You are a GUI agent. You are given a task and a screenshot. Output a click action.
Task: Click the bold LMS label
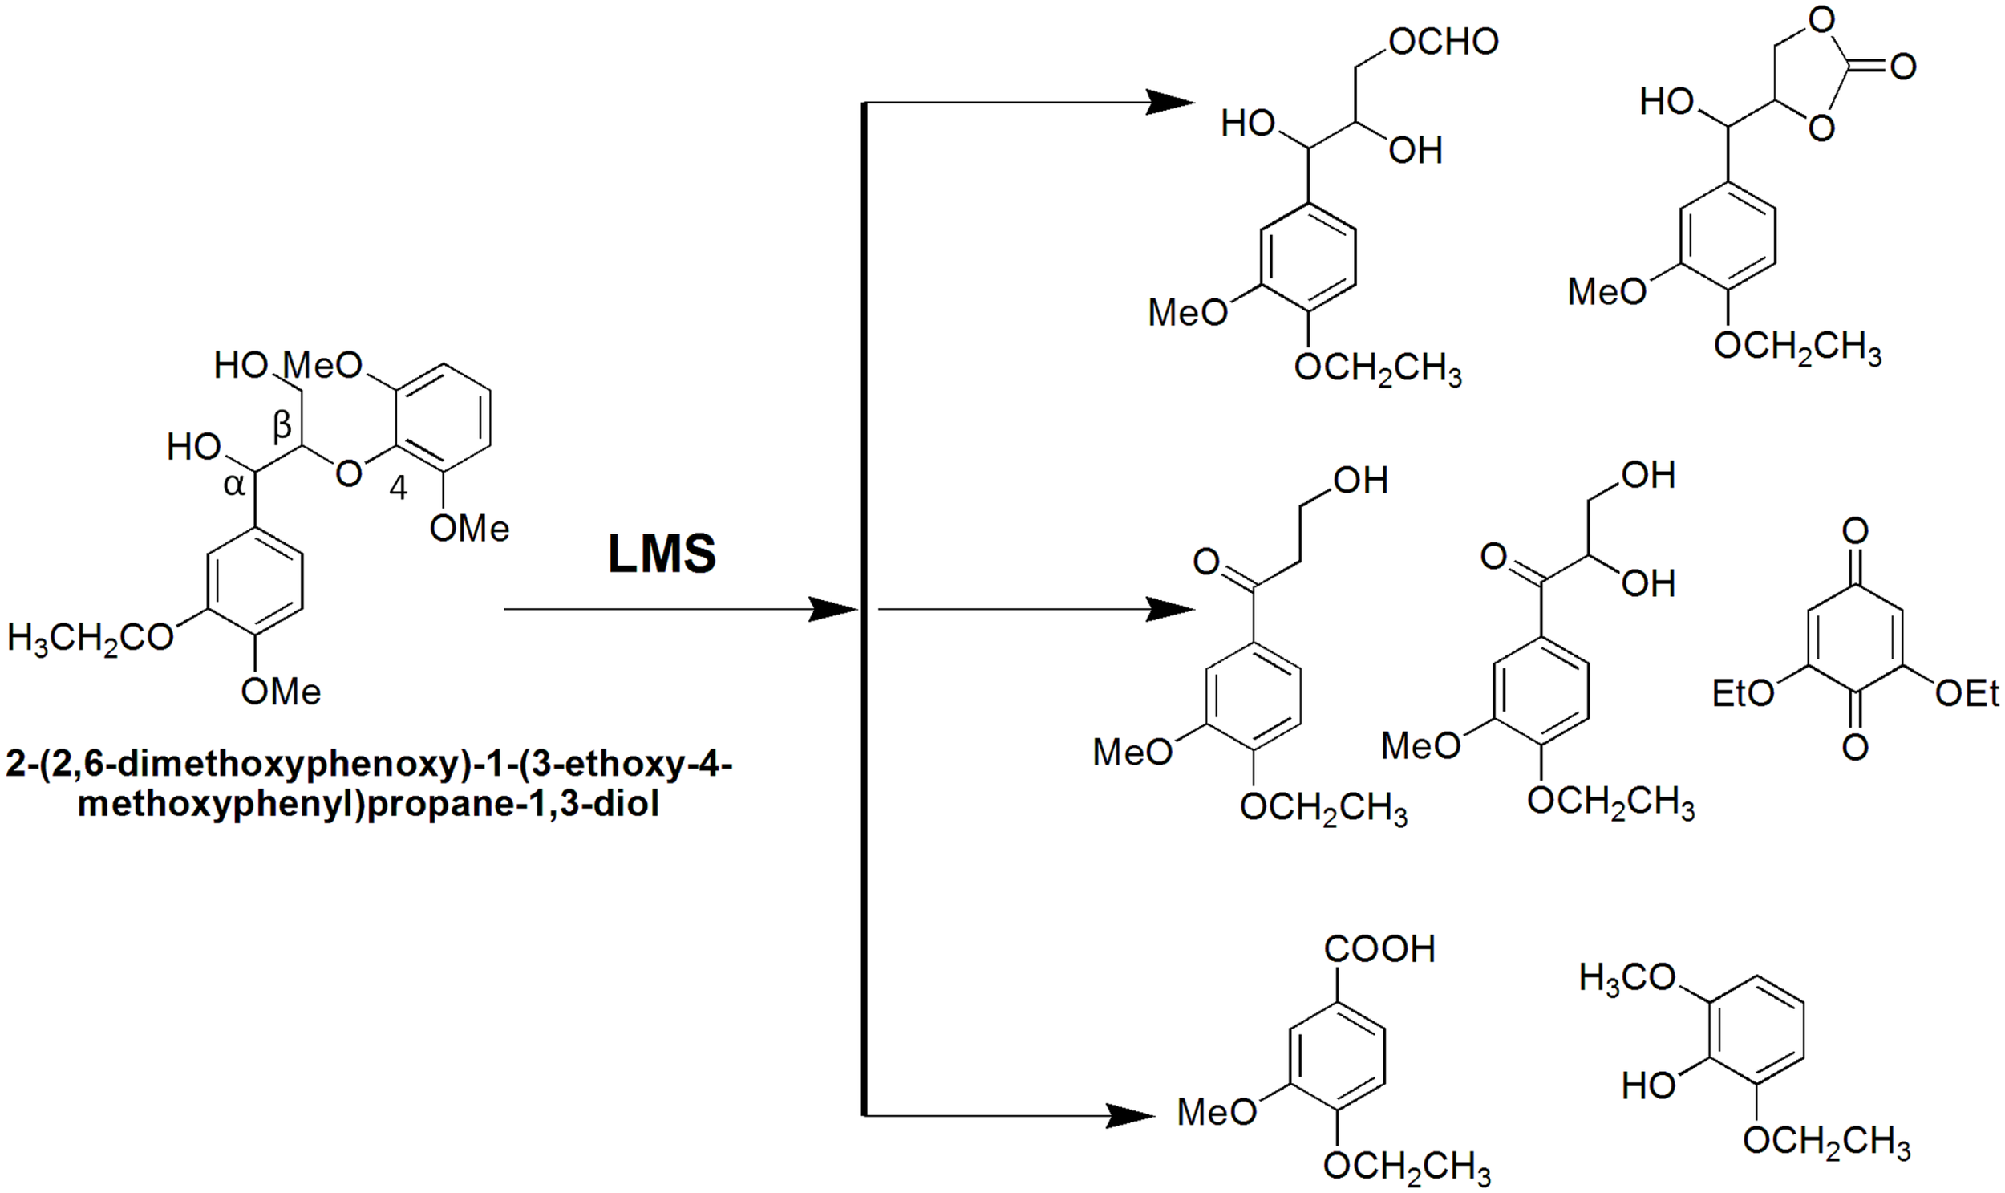coord(662,554)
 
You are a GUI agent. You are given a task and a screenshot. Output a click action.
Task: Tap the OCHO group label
coord(1444,42)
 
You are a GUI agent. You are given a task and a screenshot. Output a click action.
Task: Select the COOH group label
coord(1379,949)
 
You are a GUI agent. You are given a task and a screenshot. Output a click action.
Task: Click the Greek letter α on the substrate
coord(234,485)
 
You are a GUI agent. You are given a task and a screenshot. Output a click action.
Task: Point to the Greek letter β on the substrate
coord(282,426)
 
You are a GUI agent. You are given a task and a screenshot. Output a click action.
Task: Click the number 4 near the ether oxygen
coord(398,488)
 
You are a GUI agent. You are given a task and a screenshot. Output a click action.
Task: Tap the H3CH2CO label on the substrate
coord(90,639)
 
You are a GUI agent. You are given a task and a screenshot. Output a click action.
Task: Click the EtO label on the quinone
coord(1742,693)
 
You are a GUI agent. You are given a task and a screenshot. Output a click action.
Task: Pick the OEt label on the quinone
coord(1967,693)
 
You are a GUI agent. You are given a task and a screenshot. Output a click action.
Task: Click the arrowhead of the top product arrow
coord(1169,103)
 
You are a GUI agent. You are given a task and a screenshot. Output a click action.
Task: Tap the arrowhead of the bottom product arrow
coord(1129,1116)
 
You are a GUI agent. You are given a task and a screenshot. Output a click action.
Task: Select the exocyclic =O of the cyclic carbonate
coord(1903,67)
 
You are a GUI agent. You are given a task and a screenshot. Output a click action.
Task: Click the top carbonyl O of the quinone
coord(1855,530)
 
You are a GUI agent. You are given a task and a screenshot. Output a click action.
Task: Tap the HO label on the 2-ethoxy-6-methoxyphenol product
coord(1649,1086)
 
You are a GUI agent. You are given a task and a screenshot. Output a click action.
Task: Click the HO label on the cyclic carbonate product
coord(1667,102)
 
